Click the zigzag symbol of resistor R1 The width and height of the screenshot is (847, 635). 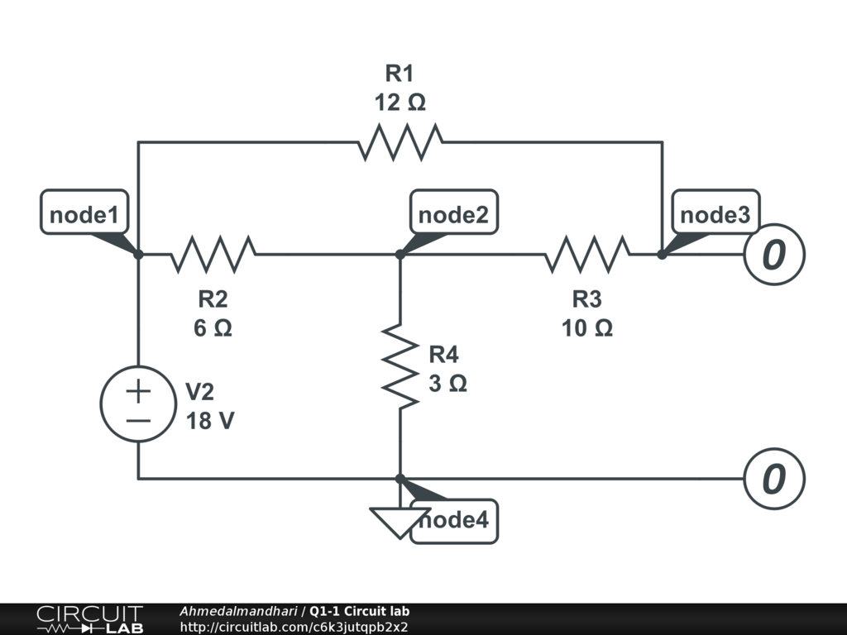400,142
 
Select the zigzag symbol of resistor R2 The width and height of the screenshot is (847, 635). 213,255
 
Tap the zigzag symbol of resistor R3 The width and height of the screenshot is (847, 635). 586,255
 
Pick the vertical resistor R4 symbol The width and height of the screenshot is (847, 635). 400,365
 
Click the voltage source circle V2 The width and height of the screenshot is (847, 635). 137,404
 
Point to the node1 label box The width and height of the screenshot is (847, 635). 84,215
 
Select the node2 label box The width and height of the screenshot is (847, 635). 453,215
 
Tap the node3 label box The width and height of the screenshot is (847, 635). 715,215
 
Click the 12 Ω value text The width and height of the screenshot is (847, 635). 400,103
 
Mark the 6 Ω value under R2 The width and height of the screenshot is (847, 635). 213,328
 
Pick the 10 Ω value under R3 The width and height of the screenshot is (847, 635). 587,328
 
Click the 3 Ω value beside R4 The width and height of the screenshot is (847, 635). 447,384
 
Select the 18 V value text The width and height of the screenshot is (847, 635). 209,420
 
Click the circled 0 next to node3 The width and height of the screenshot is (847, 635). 773,255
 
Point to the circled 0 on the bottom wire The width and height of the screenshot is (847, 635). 773,479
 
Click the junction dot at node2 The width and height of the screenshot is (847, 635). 400,255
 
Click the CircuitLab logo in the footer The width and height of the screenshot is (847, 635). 88,619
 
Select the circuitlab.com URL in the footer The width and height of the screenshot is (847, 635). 294,627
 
